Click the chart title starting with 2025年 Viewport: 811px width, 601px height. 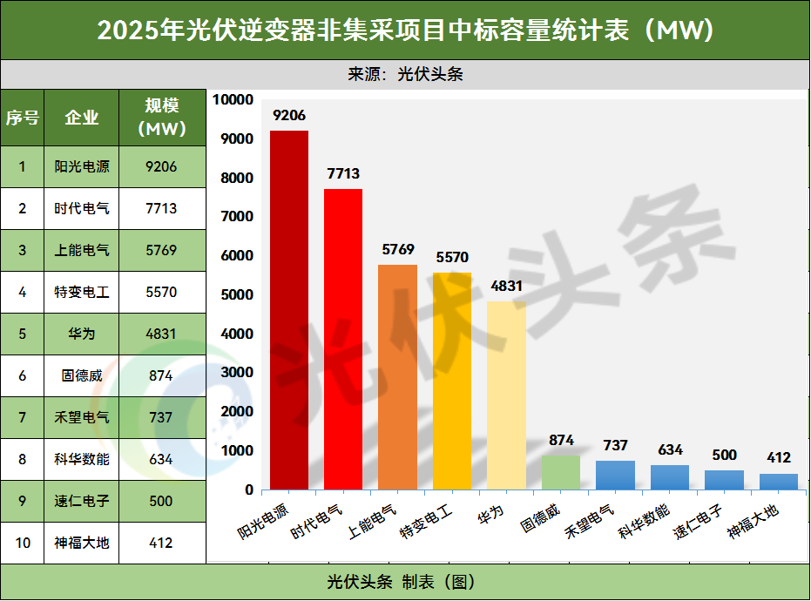point(405,30)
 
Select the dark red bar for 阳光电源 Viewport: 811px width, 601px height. point(288,309)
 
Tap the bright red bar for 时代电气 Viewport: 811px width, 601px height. point(343,339)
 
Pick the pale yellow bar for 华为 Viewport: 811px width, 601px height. point(506,395)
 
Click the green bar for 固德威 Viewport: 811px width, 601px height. point(560,472)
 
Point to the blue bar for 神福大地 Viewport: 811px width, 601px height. point(778,482)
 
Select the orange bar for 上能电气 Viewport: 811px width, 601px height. point(397,376)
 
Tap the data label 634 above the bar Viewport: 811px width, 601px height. point(670,450)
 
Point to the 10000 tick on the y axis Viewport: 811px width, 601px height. point(235,100)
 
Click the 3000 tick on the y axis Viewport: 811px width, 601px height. point(239,373)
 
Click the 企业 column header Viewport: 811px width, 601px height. point(82,118)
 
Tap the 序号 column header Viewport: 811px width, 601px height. point(23,118)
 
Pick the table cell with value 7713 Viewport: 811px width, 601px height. point(162,208)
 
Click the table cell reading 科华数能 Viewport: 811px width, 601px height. point(82,459)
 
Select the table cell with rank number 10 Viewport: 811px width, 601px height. point(23,543)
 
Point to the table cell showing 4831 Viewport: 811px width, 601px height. point(162,334)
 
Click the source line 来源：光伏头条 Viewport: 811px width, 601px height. point(405,74)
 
